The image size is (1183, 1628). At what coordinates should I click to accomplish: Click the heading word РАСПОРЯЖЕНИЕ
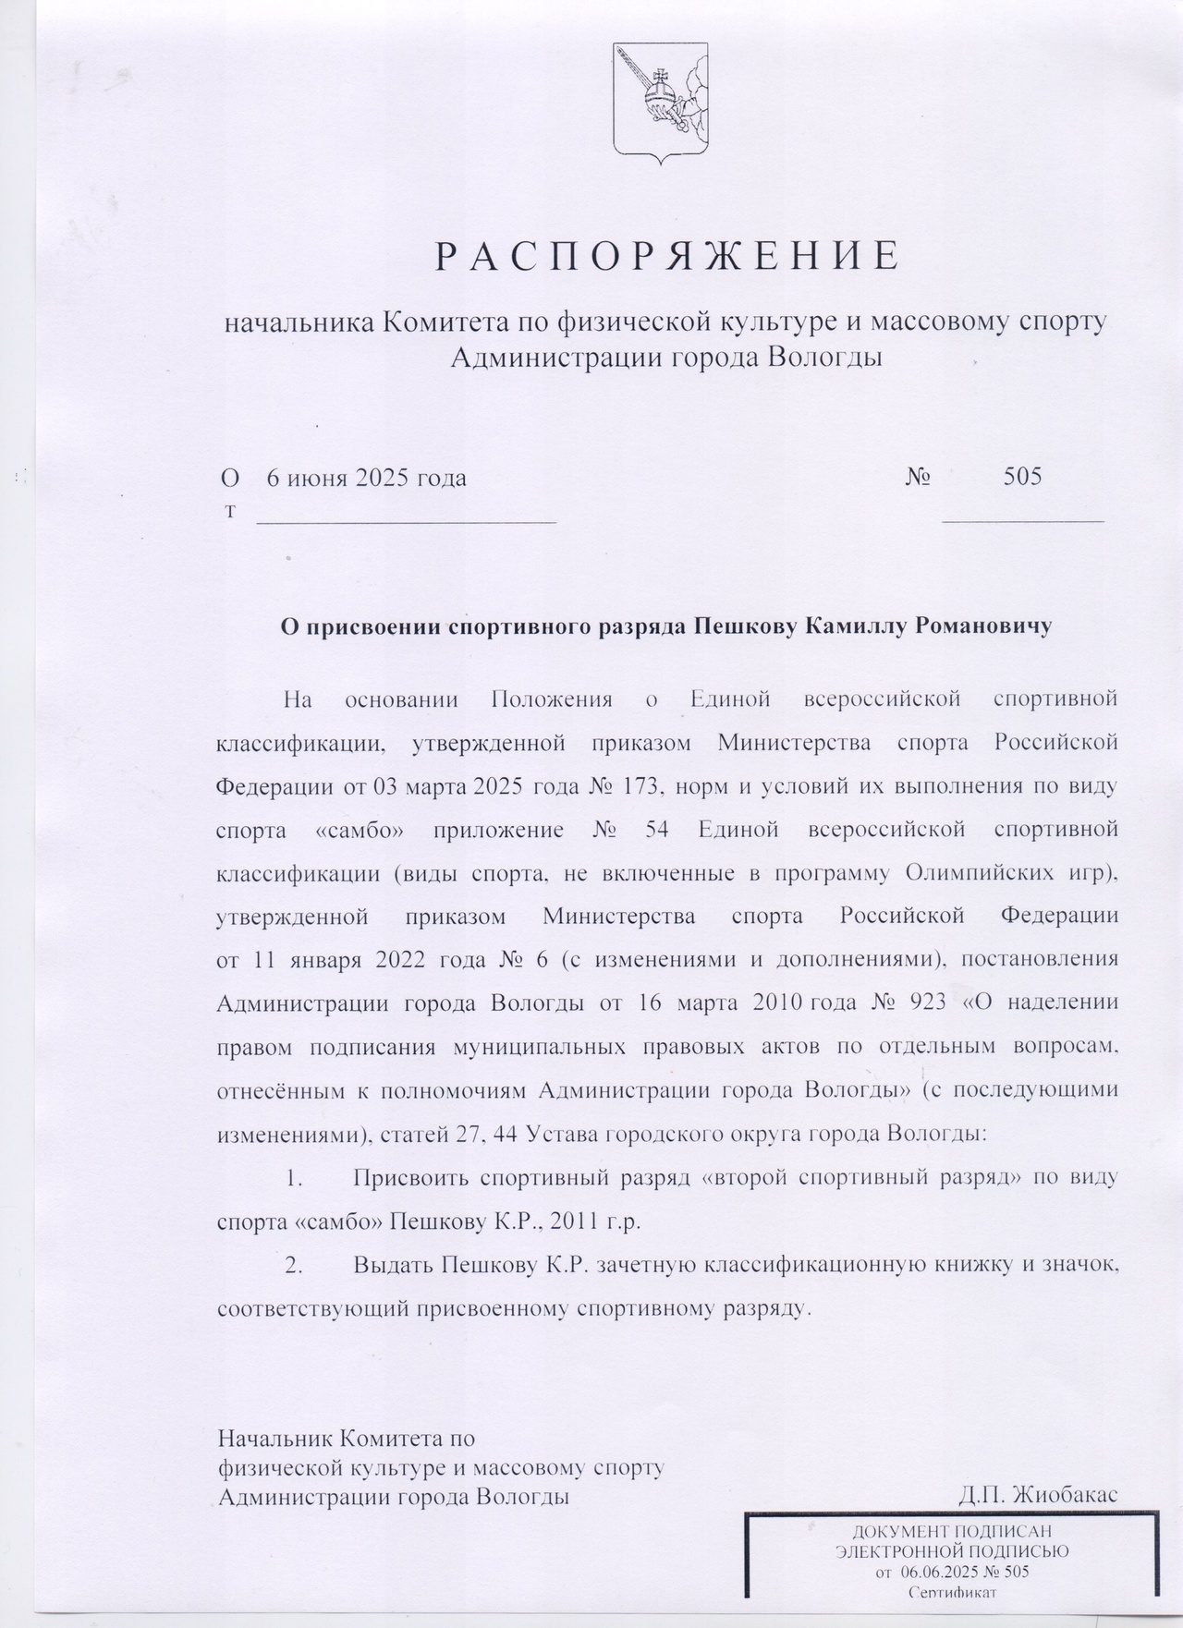pyautogui.click(x=666, y=257)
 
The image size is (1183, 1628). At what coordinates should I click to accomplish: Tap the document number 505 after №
pyautogui.click(x=1022, y=477)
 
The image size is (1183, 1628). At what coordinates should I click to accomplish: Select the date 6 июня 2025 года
pyautogui.click(x=366, y=478)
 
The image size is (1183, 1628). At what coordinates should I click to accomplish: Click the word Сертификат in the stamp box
pyautogui.click(x=953, y=1592)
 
